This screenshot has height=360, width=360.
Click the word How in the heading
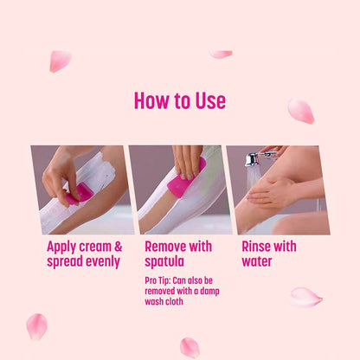click(152, 100)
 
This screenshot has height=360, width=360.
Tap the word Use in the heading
click(209, 100)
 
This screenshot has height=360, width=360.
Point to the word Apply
click(64, 247)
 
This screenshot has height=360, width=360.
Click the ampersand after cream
click(119, 247)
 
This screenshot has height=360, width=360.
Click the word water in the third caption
click(257, 261)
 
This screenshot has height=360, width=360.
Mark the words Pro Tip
click(159, 281)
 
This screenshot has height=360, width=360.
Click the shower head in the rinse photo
click(253, 159)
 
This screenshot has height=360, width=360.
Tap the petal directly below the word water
click(305, 297)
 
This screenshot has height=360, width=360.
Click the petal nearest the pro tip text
click(190, 347)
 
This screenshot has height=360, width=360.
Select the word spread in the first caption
click(65, 261)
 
